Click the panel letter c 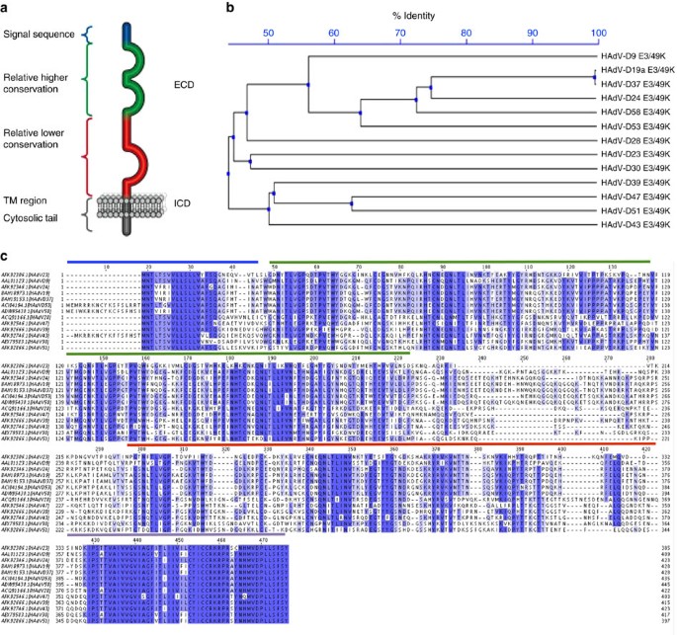(x=6, y=254)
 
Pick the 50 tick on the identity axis (x=269, y=35)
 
